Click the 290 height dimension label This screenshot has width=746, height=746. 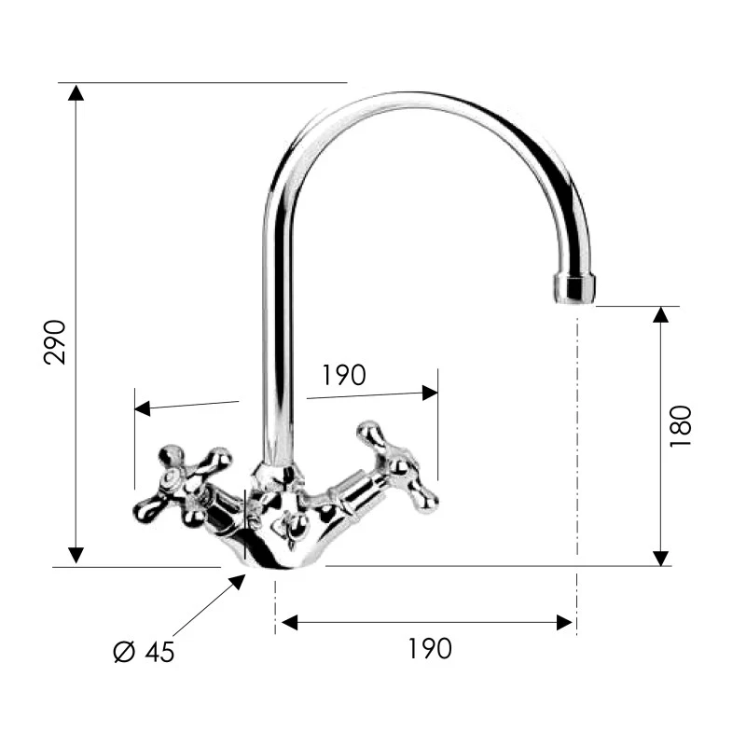click(x=56, y=341)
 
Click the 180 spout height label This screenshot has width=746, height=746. click(x=681, y=425)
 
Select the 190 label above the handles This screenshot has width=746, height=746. click(x=344, y=375)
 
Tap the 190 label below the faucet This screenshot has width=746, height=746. click(x=429, y=648)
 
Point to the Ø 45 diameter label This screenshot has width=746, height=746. click(x=145, y=652)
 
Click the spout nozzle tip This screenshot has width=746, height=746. click(x=573, y=288)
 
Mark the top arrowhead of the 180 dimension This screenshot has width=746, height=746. click(x=660, y=314)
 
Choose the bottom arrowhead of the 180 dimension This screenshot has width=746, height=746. click(x=660, y=557)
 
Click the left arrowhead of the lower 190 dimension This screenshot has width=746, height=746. click(x=288, y=622)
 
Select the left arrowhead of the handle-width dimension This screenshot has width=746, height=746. click(x=143, y=408)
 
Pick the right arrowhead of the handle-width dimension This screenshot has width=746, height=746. click(x=430, y=393)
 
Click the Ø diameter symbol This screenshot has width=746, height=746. click(x=125, y=651)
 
